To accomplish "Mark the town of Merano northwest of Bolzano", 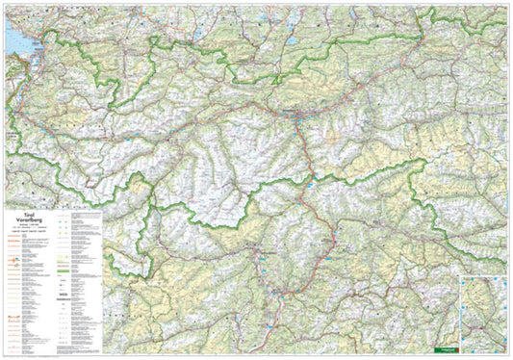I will tap(252, 252).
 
